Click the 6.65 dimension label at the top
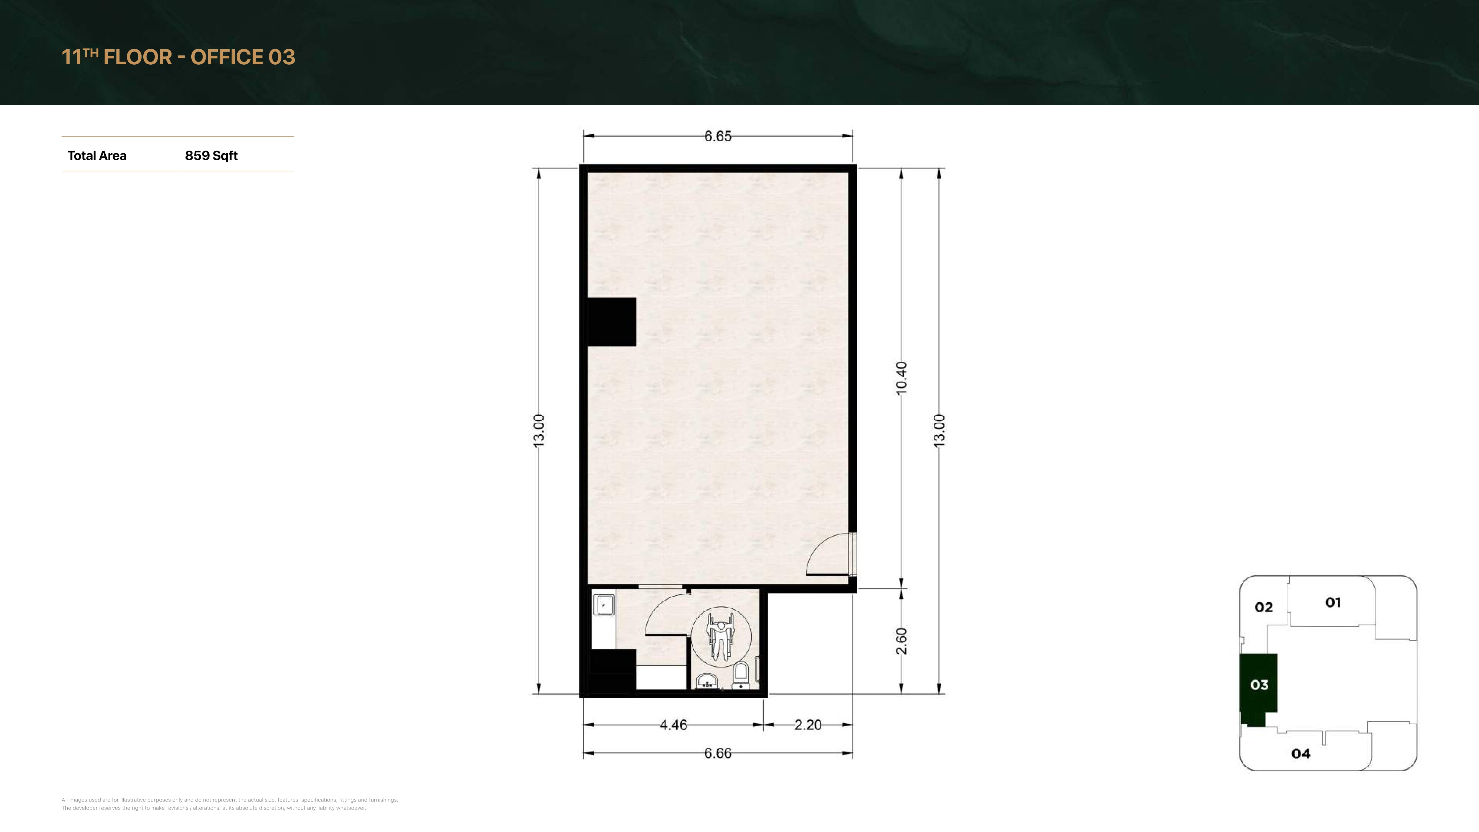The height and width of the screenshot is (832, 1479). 718,136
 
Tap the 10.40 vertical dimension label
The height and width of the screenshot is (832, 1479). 901,378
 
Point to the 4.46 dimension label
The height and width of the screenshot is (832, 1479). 674,725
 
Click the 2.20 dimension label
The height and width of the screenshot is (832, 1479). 808,725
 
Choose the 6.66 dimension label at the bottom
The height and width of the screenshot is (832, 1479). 718,753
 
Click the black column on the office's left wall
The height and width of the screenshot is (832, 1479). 611,321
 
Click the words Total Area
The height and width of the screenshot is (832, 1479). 97,156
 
